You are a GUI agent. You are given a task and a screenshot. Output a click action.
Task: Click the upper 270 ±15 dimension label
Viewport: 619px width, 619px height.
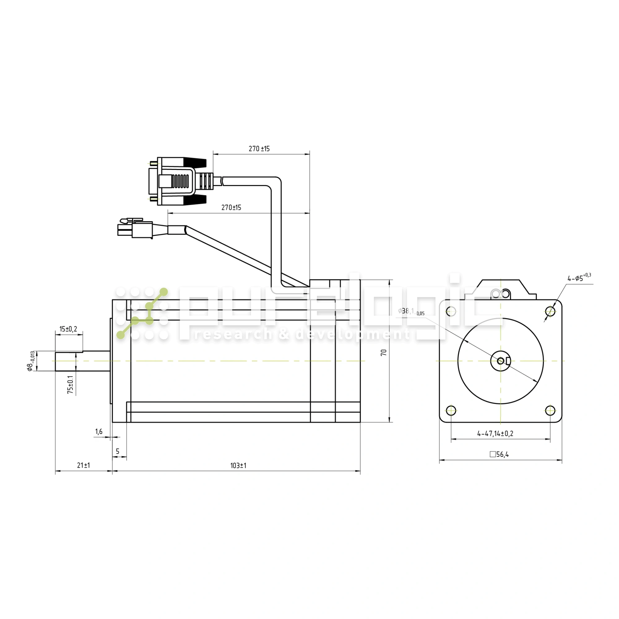[259, 149]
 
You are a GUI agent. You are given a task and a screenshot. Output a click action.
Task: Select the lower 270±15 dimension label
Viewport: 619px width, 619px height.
[231, 208]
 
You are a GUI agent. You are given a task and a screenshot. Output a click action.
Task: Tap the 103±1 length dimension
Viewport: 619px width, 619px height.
[238, 465]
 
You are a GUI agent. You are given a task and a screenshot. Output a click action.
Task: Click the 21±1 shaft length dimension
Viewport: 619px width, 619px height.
[83, 465]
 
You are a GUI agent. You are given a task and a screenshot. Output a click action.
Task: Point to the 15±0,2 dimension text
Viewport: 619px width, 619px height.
[68, 329]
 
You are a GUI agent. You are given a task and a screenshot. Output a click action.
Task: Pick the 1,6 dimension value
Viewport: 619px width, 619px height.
[99, 431]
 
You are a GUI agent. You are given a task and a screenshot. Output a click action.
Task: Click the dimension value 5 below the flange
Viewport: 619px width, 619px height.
[118, 452]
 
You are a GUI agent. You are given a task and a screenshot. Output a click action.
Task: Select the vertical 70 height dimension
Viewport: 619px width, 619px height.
[383, 353]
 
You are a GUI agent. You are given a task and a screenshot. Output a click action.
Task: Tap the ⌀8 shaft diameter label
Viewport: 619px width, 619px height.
[30, 361]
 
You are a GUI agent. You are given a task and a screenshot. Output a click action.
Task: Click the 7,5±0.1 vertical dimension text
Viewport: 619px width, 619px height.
[71, 384]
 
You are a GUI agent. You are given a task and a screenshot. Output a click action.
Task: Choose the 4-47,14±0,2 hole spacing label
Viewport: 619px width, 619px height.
[495, 434]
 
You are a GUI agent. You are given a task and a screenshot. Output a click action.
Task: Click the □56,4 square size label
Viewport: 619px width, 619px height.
[499, 454]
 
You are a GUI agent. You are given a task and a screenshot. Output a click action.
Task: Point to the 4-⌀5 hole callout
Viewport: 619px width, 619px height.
[579, 278]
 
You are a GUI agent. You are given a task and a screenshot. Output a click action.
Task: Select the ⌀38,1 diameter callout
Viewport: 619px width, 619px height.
[411, 311]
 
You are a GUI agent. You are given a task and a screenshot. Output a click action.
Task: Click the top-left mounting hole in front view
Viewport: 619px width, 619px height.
[451, 311]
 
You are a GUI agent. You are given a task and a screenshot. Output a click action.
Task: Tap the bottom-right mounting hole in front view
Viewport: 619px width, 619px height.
[550, 410]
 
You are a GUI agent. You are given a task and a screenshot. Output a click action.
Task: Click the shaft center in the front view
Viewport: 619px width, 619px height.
[500, 361]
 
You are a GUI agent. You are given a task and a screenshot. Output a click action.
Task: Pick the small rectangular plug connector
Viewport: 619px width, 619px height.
[135, 229]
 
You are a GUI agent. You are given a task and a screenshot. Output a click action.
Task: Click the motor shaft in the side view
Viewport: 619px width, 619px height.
[83, 361]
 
